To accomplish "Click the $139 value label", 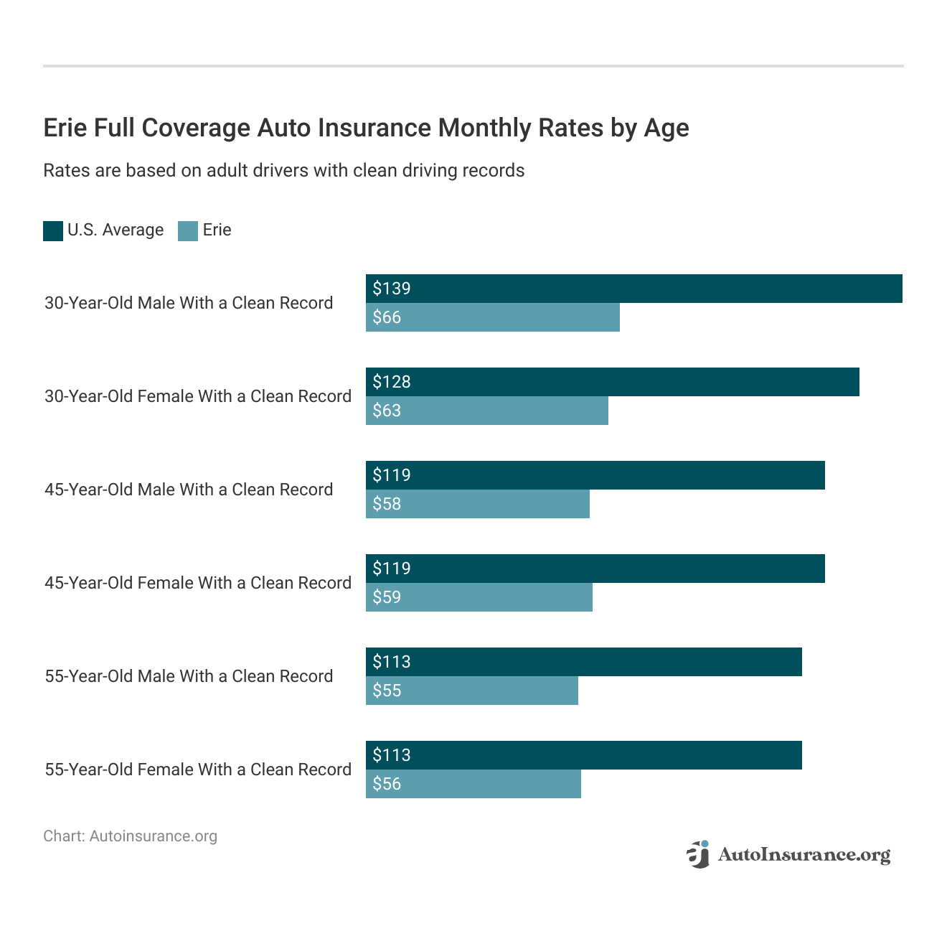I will coord(392,289).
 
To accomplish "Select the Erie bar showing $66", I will coord(492,317).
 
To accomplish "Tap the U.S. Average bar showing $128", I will coord(612,382).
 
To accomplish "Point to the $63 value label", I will coord(387,411).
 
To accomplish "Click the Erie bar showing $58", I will coord(477,504).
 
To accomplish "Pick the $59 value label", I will coord(387,597).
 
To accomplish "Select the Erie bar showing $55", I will coord(471,691).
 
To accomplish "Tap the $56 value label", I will coord(387,784).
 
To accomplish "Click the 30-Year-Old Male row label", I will coord(189,303).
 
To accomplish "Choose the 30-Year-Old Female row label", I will coord(198,396).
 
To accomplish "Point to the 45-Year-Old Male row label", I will coord(189,490).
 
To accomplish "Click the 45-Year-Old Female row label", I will coord(198,583).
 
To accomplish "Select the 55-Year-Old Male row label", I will coord(189,676).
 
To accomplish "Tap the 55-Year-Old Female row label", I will coord(198,770).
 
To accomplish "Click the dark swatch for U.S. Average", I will coord(53,230).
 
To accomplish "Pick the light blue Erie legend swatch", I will coord(188,230).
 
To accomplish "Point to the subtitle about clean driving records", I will coord(283,171).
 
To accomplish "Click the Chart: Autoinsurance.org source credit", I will coord(130,836).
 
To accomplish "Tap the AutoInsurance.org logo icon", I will coord(698,854).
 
